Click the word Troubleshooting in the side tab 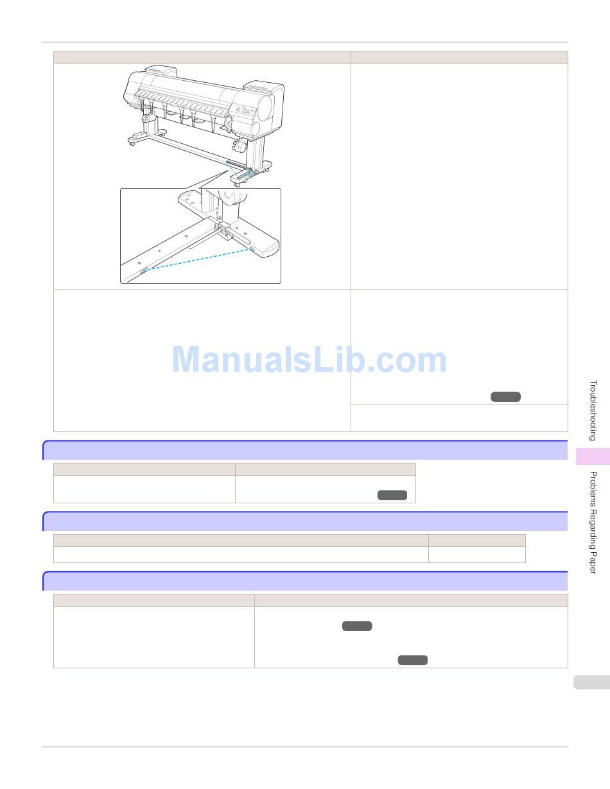click(x=593, y=410)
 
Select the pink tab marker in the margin click(x=593, y=456)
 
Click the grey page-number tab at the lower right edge click(x=591, y=682)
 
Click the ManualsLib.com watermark click(x=309, y=360)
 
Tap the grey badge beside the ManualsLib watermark click(x=505, y=397)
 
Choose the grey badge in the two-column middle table click(x=392, y=495)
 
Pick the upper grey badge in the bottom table click(x=357, y=626)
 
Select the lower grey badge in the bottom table click(x=412, y=660)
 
